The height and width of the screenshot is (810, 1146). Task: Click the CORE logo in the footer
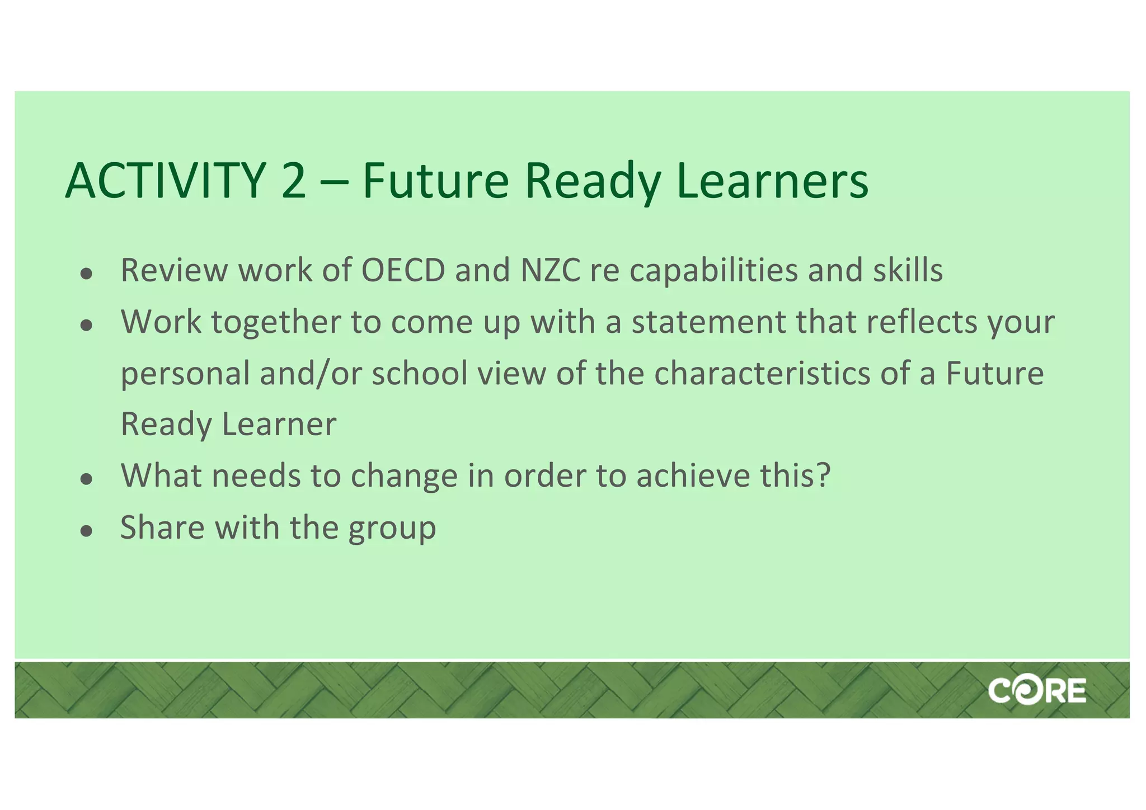pyautogui.click(x=1037, y=690)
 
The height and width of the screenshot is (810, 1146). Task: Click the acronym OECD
pyautogui.click(x=403, y=270)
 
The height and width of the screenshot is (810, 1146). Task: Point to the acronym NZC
pyautogui.click(x=551, y=270)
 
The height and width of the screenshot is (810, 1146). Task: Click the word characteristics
pyautogui.click(x=762, y=374)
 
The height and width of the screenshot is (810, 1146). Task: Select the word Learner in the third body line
pyautogui.click(x=279, y=424)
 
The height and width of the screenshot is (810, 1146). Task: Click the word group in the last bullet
pyautogui.click(x=392, y=529)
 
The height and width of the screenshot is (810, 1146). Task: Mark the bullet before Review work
pyautogui.click(x=86, y=274)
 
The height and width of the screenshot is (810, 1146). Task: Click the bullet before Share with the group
pyautogui.click(x=86, y=531)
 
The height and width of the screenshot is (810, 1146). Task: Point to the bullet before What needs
pyautogui.click(x=86, y=479)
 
